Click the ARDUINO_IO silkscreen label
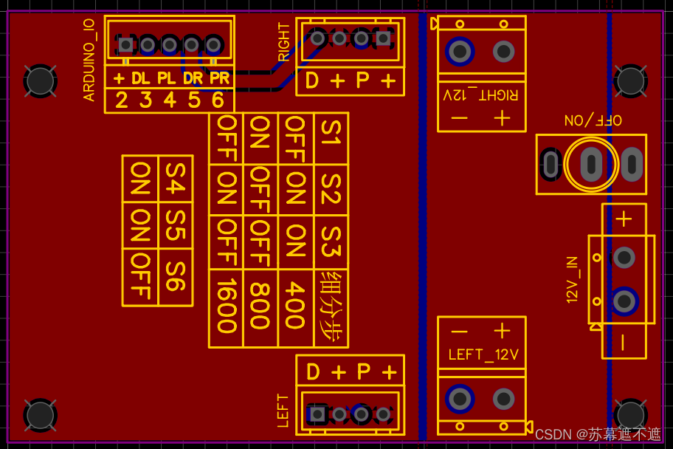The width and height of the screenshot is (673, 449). (x=89, y=60)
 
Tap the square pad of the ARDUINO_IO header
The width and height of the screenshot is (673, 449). (x=125, y=44)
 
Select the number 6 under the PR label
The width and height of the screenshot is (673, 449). (x=218, y=100)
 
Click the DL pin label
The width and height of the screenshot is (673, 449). (x=141, y=78)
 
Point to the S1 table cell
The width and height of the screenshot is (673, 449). (x=331, y=138)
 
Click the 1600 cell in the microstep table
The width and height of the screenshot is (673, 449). (x=227, y=308)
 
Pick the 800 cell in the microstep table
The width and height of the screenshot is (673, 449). (x=260, y=308)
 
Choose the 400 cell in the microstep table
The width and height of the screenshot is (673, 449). (x=296, y=308)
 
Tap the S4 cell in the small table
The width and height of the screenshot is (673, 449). (x=176, y=178)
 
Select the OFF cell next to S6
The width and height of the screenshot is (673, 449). (x=140, y=277)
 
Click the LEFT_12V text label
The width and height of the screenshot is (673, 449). (x=483, y=355)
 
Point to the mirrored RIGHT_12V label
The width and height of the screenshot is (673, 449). (x=480, y=95)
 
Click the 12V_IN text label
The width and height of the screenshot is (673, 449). (x=573, y=280)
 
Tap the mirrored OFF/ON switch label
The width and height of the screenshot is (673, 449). (x=593, y=120)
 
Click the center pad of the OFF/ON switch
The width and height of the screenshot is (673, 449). (x=591, y=164)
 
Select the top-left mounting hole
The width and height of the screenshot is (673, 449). (x=41, y=80)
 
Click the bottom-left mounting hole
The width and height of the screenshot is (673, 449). (x=41, y=416)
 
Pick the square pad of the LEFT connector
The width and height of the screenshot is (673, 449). (x=317, y=414)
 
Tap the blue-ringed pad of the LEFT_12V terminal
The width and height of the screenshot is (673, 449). (x=460, y=399)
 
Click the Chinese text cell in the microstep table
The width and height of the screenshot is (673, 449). (x=331, y=308)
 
